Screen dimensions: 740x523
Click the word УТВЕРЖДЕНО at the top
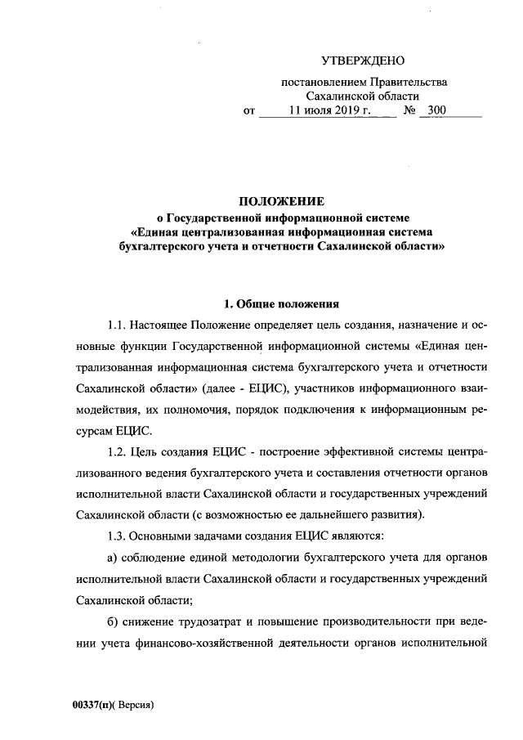pos(363,61)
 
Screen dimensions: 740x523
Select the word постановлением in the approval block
pos(320,82)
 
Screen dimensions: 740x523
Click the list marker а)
pos(114,557)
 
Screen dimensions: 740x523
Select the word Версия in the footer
pos(136,705)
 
